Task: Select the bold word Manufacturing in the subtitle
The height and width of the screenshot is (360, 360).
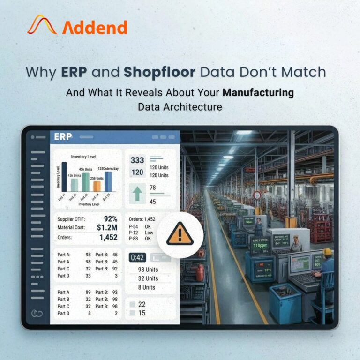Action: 258,92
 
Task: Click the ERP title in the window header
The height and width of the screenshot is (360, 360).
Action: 63,137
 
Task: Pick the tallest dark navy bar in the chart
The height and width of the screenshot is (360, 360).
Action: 64,176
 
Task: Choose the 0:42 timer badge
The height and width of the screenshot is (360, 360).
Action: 138,258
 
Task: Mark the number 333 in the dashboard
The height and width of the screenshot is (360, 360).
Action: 137,160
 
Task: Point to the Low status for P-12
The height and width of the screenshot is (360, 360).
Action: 149,232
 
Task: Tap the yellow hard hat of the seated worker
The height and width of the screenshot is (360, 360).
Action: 328,252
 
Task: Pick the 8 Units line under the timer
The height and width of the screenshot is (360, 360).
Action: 146,287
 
